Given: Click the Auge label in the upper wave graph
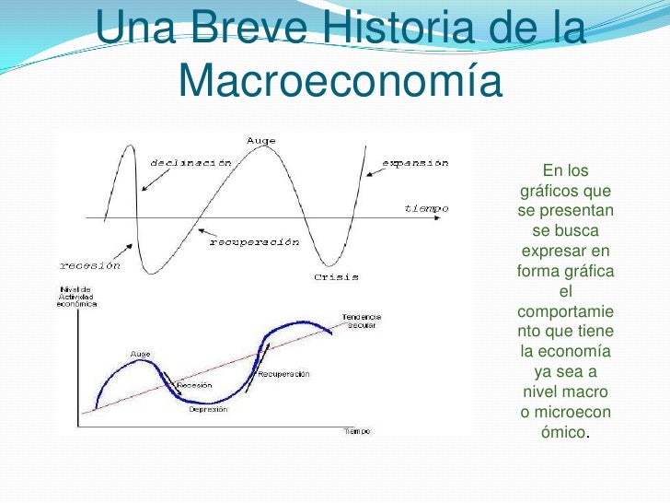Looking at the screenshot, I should click(x=260, y=140).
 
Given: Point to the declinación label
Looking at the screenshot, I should click(x=191, y=163).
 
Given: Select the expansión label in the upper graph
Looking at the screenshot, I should click(x=415, y=163).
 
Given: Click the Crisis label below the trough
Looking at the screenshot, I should click(x=336, y=276).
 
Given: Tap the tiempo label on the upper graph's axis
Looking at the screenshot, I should click(x=427, y=208).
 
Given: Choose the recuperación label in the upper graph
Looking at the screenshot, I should click(x=255, y=242).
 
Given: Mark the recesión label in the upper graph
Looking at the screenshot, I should click(x=90, y=264).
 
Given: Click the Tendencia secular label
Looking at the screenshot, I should click(x=362, y=322).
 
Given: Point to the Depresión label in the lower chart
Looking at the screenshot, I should click(x=208, y=410).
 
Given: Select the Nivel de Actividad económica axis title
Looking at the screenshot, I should click(x=77, y=298).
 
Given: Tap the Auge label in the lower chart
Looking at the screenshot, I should click(x=140, y=353).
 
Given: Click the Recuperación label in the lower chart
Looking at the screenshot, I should click(x=283, y=375).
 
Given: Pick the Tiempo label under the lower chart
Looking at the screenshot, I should click(x=357, y=431).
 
